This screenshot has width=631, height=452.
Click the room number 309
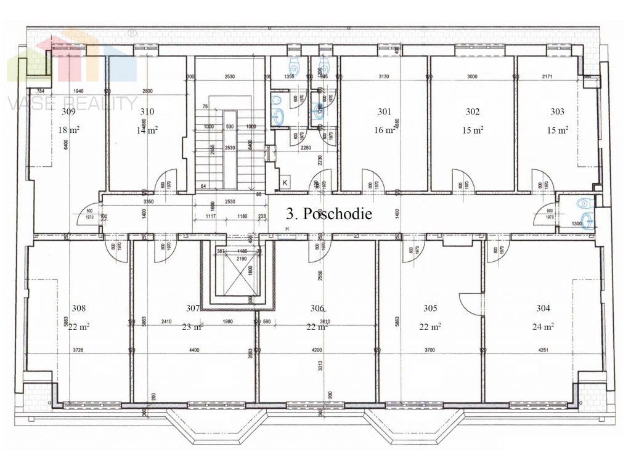click(x=69, y=112)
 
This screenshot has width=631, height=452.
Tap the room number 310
click(x=147, y=112)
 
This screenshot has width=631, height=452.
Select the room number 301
click(x=385, y=112)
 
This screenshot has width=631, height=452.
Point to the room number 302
click(x=472, y=112)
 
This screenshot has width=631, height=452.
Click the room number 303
click(x=558, y=112)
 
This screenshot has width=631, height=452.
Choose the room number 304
click(x=543, y=309)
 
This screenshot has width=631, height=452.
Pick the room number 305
click(x=430, y=309)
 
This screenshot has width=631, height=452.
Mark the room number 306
click(x=317, y=309)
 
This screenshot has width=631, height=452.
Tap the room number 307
click(x=193, y=309)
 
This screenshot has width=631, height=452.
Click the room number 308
click(x=79, y=309)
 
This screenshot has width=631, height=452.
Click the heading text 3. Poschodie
click(x=329, y=214)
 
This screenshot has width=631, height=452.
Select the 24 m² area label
click(x=543, y=327)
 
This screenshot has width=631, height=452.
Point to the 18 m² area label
click(x=68, y=130)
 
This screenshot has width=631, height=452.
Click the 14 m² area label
click(x=147, y=130)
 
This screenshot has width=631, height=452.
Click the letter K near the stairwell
click(x=285, y=182)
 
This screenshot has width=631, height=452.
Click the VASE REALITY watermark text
click(x=72, y=103)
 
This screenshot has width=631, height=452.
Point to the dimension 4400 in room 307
click(x=194, y=350)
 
